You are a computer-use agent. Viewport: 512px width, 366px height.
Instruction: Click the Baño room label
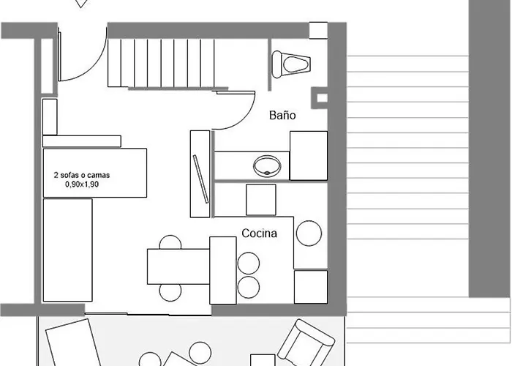coord(282,115)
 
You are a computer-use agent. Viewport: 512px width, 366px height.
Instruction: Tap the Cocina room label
coord(259,233)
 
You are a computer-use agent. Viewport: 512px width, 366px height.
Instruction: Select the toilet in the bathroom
coord(291,64)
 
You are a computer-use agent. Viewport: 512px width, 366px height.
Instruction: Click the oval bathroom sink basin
coord(267,166)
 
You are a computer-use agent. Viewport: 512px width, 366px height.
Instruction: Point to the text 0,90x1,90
coord(82,184)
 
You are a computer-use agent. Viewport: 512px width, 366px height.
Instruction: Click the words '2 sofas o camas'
coord(82,175)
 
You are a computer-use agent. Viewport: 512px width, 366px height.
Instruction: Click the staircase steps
coord(161,63)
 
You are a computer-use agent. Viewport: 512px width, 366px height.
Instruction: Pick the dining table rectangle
coord(178,266)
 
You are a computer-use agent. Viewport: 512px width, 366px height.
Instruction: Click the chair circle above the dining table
coord(170,242)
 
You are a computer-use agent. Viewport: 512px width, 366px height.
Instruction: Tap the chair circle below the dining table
coord(170,292)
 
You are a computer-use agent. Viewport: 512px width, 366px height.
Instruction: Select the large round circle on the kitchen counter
coord(309,234)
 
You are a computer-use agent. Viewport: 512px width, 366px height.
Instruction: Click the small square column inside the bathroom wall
coord(322,97)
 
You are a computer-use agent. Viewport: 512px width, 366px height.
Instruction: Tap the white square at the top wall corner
coord(318,31)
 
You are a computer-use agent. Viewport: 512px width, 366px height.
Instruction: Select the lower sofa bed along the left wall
coord(68,250)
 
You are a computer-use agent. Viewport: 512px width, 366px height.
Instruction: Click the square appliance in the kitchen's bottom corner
coord(311,287)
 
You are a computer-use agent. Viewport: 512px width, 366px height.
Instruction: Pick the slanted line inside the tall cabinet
coord(201,179)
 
